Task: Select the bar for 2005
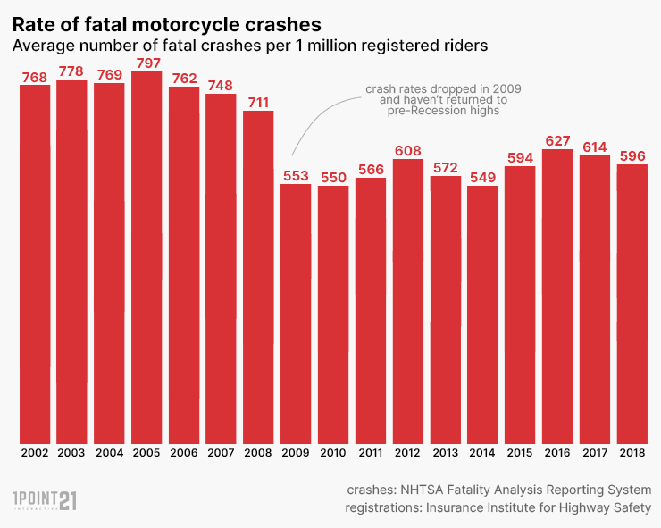pos(146,259)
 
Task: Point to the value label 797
pos(146,63)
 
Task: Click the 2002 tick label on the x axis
pos(34,454)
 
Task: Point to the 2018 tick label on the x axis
pos(632,454)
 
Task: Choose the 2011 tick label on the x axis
pos(371,454)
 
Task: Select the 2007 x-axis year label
pos(221,454)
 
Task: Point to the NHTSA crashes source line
pos(498,490)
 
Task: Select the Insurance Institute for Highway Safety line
pos(498,508)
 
